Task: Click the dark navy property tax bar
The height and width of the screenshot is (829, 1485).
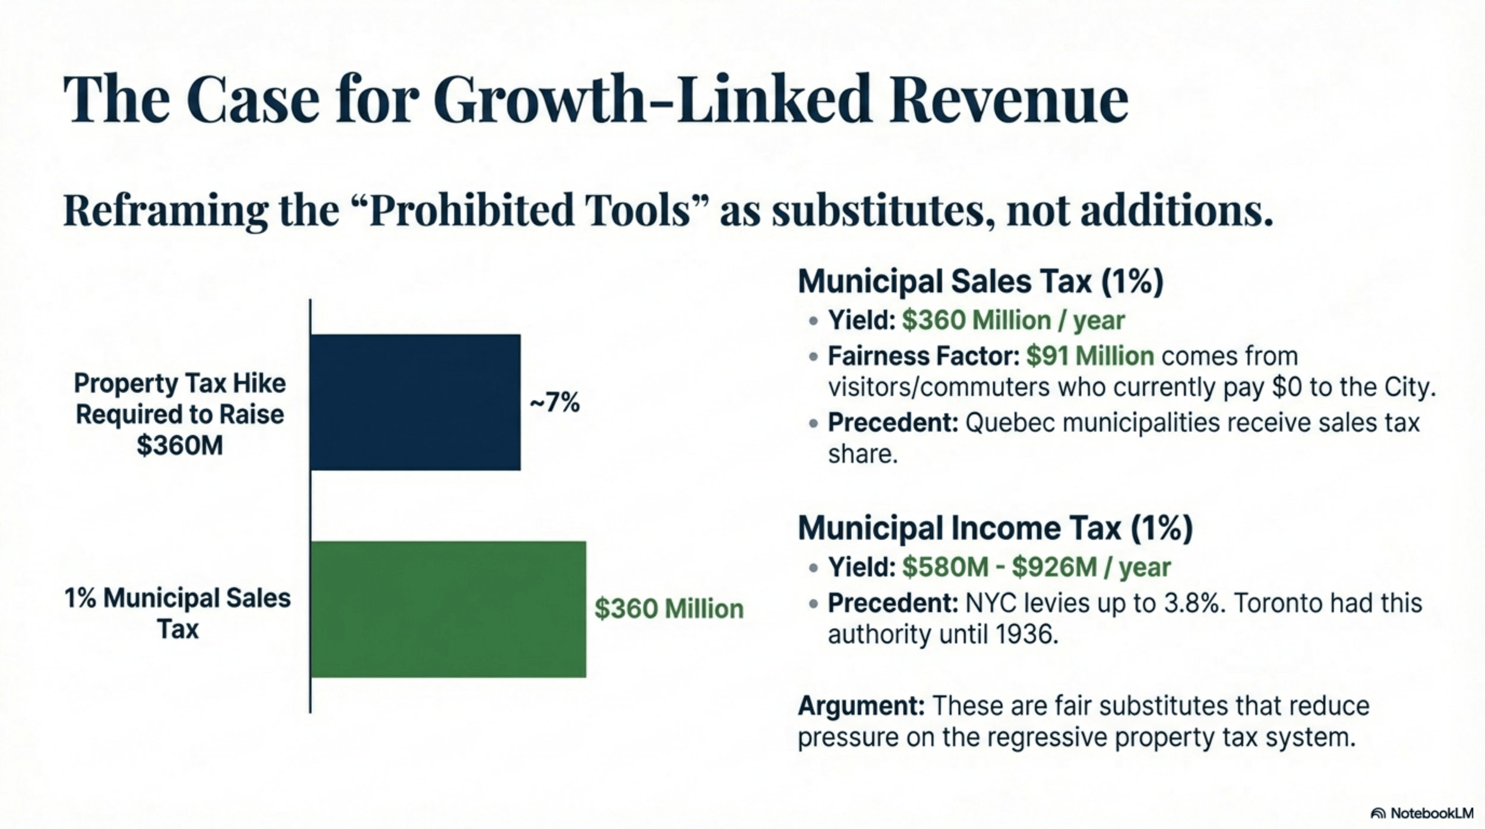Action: point(415,402)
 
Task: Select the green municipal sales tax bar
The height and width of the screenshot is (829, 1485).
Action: point(448,609)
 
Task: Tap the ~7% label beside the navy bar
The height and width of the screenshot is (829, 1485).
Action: point(554,403)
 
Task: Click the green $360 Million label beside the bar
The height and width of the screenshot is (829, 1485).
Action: point(669,609)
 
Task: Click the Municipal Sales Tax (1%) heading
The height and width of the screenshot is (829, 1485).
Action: point(980,281)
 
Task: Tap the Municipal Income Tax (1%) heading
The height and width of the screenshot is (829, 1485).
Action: point(995,528)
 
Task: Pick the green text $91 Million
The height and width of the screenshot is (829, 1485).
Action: point(1090,356)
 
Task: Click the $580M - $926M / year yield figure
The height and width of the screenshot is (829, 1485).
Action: point(1036,567)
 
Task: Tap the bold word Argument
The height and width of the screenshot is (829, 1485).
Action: point(861,706)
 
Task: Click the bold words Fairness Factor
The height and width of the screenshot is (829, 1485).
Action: point(923,356)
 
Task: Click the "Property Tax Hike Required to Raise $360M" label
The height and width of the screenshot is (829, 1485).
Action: point(179,414)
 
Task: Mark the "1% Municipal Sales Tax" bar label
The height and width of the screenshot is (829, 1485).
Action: point(178,613)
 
